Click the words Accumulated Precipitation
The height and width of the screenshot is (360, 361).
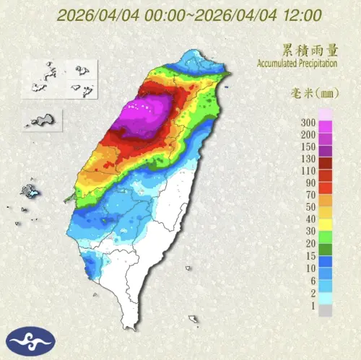[x=297, y=63]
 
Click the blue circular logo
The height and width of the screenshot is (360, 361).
[x=30, y=340]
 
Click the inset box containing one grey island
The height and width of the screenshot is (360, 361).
[x=43, y=120]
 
